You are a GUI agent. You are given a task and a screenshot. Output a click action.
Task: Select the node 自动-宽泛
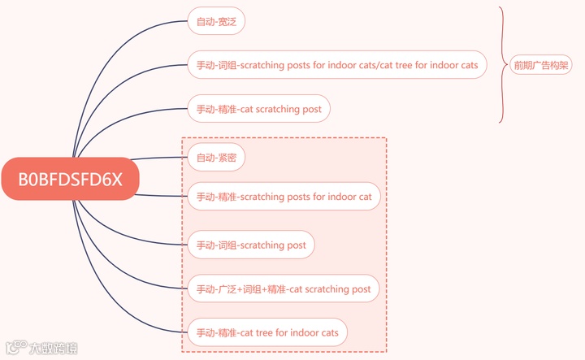coord(216,21)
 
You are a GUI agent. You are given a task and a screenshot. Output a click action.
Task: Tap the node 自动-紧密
coord(216,157)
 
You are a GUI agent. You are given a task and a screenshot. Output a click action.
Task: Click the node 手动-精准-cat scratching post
coord(259,109)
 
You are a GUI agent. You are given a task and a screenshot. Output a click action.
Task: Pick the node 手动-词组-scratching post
coord(251,245)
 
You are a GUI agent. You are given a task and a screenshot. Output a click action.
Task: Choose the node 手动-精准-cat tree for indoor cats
coord(267,332)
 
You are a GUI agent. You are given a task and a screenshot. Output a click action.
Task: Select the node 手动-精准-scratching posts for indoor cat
coord(284,196)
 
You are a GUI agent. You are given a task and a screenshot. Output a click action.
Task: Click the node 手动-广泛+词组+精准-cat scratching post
coord(283,288)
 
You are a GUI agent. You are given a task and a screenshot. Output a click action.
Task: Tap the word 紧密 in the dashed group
coord(227,157)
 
